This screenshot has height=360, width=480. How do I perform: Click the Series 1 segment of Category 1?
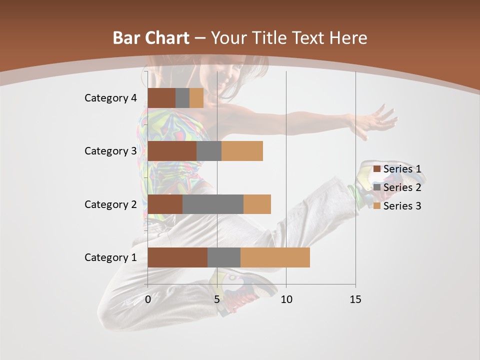pyautogui.click(x=177, y=257)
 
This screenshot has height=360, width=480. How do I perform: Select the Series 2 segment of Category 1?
pyautogui.click(x=224, y=257)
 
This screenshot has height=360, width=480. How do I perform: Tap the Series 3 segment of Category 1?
pyautogui.click(x=275, y=257)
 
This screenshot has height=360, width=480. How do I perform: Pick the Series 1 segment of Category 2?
pyautogui.click(x=165, y=204)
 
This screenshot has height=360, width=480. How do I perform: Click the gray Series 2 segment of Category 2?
pyautogui.click(x=213, y=204)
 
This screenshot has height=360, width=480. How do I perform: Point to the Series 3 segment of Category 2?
pyautogui.click(x=257, y=204)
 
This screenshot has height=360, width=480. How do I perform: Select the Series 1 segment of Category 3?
pyautogui.click(x=172, y=151)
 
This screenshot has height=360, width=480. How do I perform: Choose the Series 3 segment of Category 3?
pyautogui.click(x=242, y=151)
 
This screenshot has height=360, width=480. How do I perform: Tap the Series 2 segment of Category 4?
pyautogui.click(x=182, y=98)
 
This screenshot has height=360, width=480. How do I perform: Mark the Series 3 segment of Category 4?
pyautogui.click(x=196, y=98)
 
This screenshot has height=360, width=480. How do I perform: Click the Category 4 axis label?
pyautogui.click(x=110, y=98)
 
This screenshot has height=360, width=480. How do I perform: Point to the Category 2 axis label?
pyautogui.click(x=110, y=204)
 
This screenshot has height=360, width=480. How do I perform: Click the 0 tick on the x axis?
pyautogui.click(x=148, y=299)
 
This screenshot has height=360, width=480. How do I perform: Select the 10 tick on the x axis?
pyautogui.click(x=286, y=299)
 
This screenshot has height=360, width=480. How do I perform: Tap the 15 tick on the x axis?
pyautogui.click(x=355, y=299)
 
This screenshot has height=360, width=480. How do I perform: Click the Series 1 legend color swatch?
pyautogui.click(x=377, y=169)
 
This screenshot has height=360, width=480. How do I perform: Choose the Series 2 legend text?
pyautogui.click(x=402, y=187)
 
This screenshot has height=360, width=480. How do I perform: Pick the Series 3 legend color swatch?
pyautogui.click(x=377, y=206)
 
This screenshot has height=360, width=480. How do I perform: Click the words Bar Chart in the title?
pyautogui.click(x=151, y=38)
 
